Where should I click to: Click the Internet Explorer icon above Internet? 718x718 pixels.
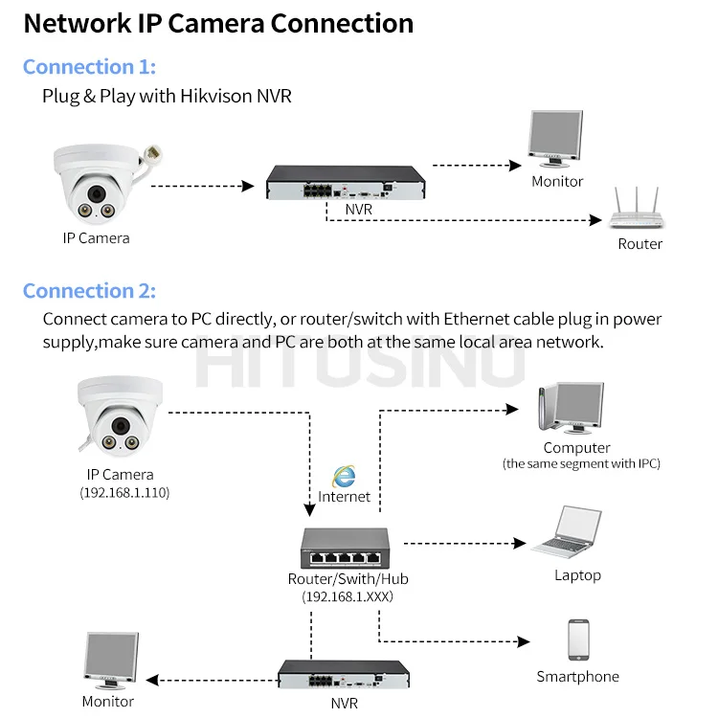click(x=343, y=476)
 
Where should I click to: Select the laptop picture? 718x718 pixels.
click(x=568, y=534)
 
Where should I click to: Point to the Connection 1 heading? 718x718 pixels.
click(x=89, y=67)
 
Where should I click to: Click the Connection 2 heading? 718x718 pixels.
click(x=89, y=291)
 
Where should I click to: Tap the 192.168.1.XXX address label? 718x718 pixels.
click(x=348, y=596)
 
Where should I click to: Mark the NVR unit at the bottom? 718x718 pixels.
click(x=343, y=674)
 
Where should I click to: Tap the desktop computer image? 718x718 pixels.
click(x=571, y=408)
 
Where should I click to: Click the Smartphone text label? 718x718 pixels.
click(x=577, y=677)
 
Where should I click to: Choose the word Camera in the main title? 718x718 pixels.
click(x=202, y=23)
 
